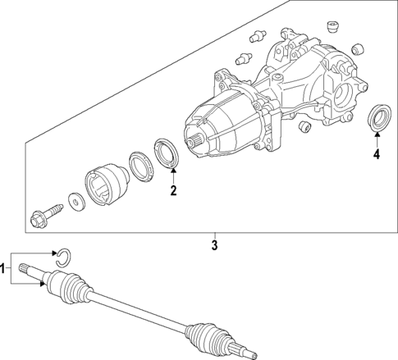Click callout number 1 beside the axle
[5, 267]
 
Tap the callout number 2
[173, 192]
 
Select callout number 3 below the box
[214, 245]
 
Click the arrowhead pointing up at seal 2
[173, 172]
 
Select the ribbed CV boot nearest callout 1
[68, 289]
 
